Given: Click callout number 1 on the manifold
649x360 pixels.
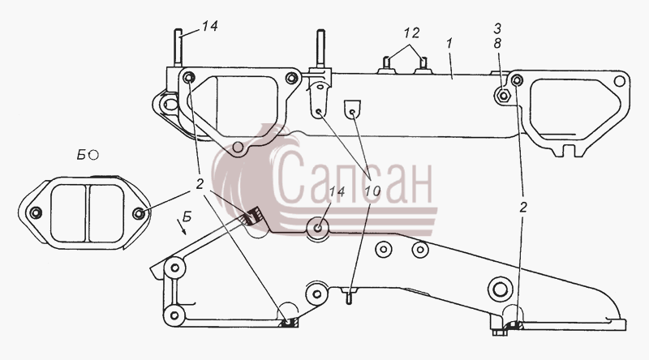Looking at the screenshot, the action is (x=450, y=43).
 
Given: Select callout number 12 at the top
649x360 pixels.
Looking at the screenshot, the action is (x=412, y=32).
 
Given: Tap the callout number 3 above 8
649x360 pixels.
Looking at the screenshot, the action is (x=497, y=28).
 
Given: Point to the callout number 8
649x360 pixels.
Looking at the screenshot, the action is (x=497, y=44).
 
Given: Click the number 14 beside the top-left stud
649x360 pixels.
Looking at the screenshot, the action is (x=209, y=26).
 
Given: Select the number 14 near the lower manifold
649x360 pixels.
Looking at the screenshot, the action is (x=337, y=191).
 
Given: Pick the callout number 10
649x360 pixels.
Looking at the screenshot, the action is (x=372, y=191).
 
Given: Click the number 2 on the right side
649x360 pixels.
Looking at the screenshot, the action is (x=523, y=208).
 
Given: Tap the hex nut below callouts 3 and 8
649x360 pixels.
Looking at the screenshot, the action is (x=503, y=96).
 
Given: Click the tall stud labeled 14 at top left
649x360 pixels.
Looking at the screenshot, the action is (x=178, y=48).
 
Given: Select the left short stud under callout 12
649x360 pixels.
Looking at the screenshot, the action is (x=384, y=65).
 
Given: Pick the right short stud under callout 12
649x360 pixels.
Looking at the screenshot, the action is (x=423, y=65).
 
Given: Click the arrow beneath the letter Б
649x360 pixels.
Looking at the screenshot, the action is (x=182, y=227).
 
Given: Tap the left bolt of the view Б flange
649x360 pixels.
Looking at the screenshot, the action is (x=36, y=212).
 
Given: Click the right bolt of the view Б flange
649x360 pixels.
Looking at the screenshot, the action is (x=138, y=213).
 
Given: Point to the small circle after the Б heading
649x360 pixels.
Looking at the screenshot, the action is (x=94, y=155).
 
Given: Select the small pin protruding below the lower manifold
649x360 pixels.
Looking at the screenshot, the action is (x=349, y=297).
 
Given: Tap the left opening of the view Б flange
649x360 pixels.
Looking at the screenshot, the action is (x=67, y=213).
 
